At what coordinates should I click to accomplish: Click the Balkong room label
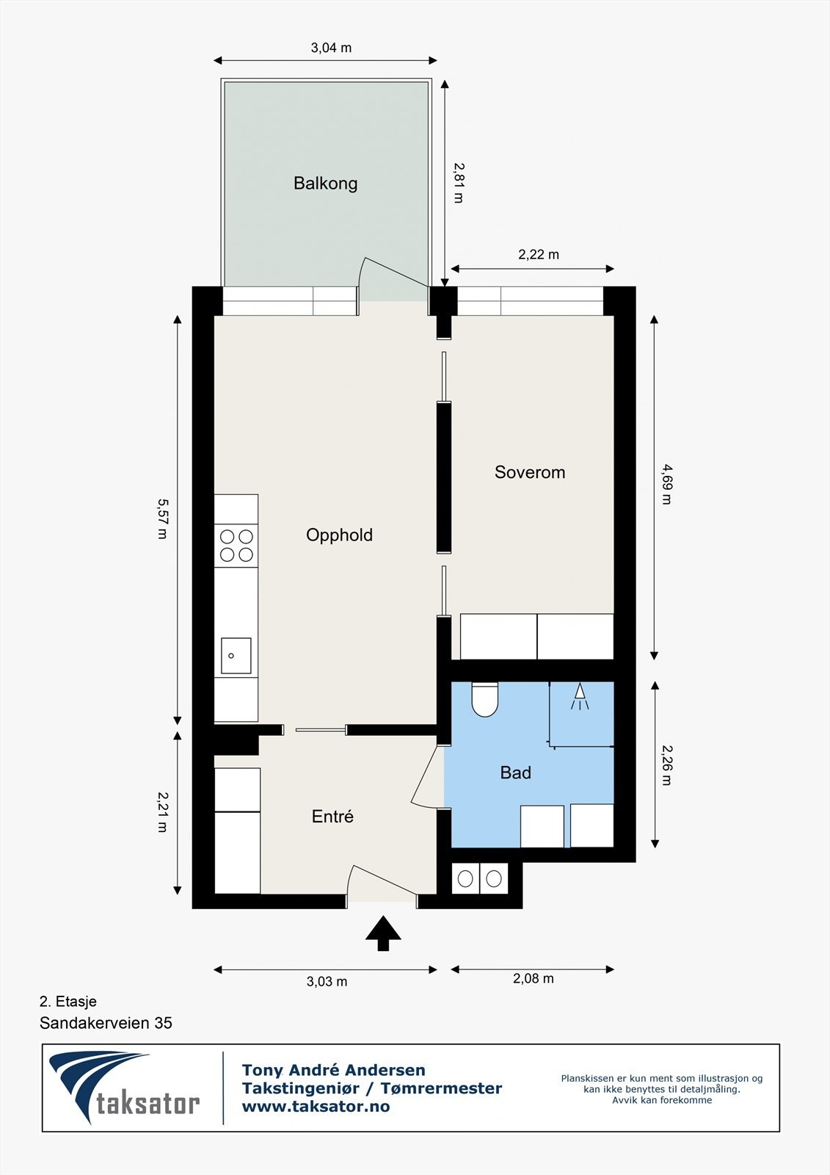coord(325,183)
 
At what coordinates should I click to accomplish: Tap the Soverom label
coord(530,472)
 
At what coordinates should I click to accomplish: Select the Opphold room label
coord(339,535)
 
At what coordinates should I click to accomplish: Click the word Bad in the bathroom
coord(515,773)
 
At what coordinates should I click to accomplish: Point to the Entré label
coord(332,816)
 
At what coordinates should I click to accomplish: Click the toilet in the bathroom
coord(484,700)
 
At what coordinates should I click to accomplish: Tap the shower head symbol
coord(580,695)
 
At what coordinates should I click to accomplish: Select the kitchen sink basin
coord(236,656)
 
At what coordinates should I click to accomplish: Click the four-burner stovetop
coord(236,546)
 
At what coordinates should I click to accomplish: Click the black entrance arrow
coord(383,933)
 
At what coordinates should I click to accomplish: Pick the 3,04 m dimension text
coord(331,48)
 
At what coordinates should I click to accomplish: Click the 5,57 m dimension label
coord(162,518)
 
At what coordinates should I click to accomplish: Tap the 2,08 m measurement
coord(533,978)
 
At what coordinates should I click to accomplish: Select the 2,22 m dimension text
coord(538,255)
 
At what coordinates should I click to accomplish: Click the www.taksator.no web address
coord(316,1107)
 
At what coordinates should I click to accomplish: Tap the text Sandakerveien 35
coord(106,1023)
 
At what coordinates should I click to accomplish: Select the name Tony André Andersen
coord(333,1070)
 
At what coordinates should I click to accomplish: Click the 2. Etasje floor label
coord(68,1001)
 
